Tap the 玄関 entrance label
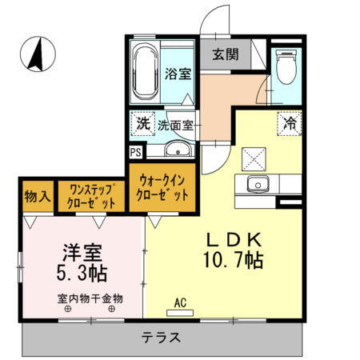[x=224, y=55]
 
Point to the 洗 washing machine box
[x=142, y=124]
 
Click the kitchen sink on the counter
[x=258, y=183]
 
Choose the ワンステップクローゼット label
[x=93, y=196]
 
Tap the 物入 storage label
[x=38, y=196]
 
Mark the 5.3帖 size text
[x=82, y=273]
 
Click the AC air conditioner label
[x=181, y=302]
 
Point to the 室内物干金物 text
[x=90, y=300]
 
